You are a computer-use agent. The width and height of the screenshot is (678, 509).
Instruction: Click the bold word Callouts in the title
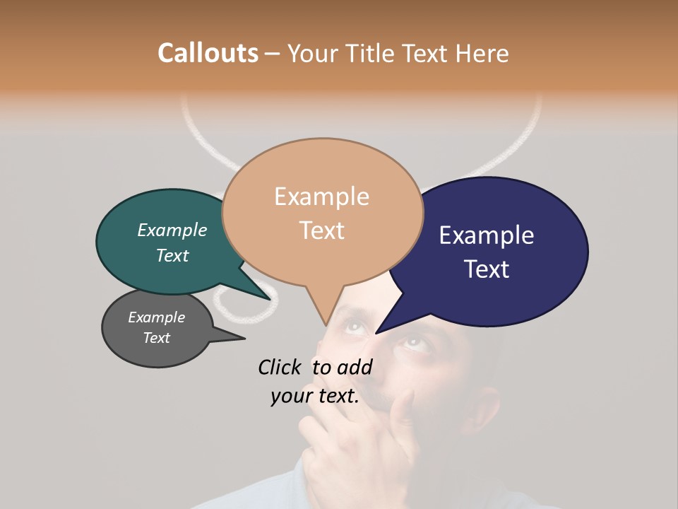click(208, 53)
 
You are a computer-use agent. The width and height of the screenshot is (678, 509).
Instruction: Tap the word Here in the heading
click(482, 53)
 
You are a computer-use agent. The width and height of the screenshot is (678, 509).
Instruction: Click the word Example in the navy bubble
click(487, 235)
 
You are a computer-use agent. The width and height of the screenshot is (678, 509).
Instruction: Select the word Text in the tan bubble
click(322, 230)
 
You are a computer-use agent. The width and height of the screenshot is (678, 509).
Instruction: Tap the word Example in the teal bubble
click(172, 230)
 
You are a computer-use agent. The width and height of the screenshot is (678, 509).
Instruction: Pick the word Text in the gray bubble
click(157, 338)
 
